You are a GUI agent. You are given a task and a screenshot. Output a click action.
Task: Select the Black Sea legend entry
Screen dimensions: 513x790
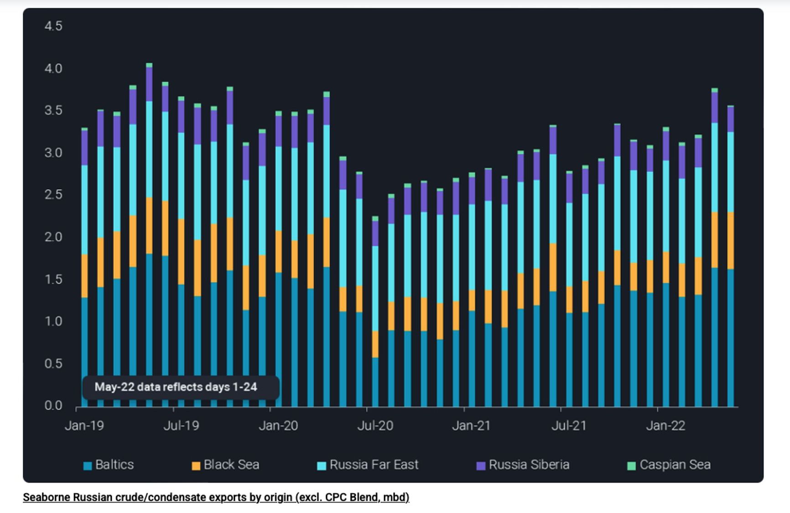point(226,465)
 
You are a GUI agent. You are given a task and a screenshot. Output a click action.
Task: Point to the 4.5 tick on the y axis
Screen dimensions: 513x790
point(53,26)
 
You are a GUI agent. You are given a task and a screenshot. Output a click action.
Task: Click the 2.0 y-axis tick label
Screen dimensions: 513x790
point(53,237)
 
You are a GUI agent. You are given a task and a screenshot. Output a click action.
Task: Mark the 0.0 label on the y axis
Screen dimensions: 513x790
point(53,405)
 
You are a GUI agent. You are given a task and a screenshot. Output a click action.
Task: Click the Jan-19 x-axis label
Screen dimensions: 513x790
point(84,425)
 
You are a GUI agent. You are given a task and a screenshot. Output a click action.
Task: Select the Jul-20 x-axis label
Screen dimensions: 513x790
point(375,425)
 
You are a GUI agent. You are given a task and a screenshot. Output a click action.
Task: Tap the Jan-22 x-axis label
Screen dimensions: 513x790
point(665,425)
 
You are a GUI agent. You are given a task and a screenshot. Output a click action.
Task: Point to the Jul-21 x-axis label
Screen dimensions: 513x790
point(569,425)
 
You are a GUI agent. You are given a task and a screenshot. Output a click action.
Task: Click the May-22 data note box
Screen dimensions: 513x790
point(181,387)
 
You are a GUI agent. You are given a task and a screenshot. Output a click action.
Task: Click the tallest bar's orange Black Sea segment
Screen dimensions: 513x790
point(149,225)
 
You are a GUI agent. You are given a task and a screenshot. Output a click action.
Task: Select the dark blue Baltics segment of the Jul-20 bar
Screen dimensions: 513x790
point(375,381)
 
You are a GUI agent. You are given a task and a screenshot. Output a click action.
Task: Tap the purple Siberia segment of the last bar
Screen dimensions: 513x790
point(730,119)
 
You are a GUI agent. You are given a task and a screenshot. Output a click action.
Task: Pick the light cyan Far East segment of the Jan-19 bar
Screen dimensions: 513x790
point(84,209)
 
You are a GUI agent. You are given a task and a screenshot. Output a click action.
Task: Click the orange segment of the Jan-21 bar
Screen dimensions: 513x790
point(472,300)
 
